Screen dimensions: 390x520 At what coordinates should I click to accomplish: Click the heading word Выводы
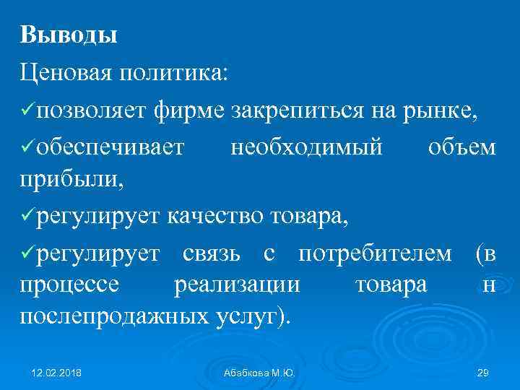pyautogui.click(x=69, y=34)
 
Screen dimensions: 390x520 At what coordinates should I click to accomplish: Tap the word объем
pyautogui.click(x=462, y=147)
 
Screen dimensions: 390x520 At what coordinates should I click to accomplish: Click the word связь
pyautogui.click(x=211, y=253)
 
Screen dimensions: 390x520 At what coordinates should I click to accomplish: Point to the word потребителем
pyautogui.click(x=376, y=253)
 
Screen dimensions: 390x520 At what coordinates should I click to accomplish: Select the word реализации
pyautogui.click(x=237, y=285)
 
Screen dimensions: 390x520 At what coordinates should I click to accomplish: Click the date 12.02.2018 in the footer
pyautogui.click(x=57, y=373)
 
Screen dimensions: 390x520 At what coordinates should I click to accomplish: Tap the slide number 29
pyautogui.click(x=484, y=373)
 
